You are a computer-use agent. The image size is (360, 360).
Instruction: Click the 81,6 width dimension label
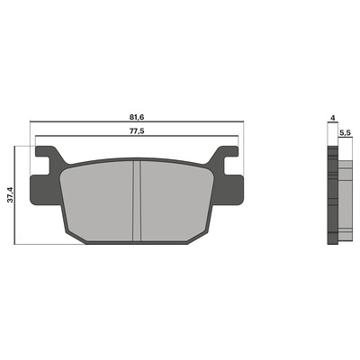(x=137, y=117)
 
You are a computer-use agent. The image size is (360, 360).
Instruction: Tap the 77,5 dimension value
(x=137, y=131)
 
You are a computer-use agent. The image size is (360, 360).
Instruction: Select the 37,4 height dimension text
(x=10, y=194)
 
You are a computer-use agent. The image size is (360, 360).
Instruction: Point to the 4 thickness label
(x=332, y=118)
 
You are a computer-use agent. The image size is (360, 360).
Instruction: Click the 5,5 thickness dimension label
(x=346, y=133)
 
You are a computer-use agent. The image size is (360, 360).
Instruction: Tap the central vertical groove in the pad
(x=137, y=201)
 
